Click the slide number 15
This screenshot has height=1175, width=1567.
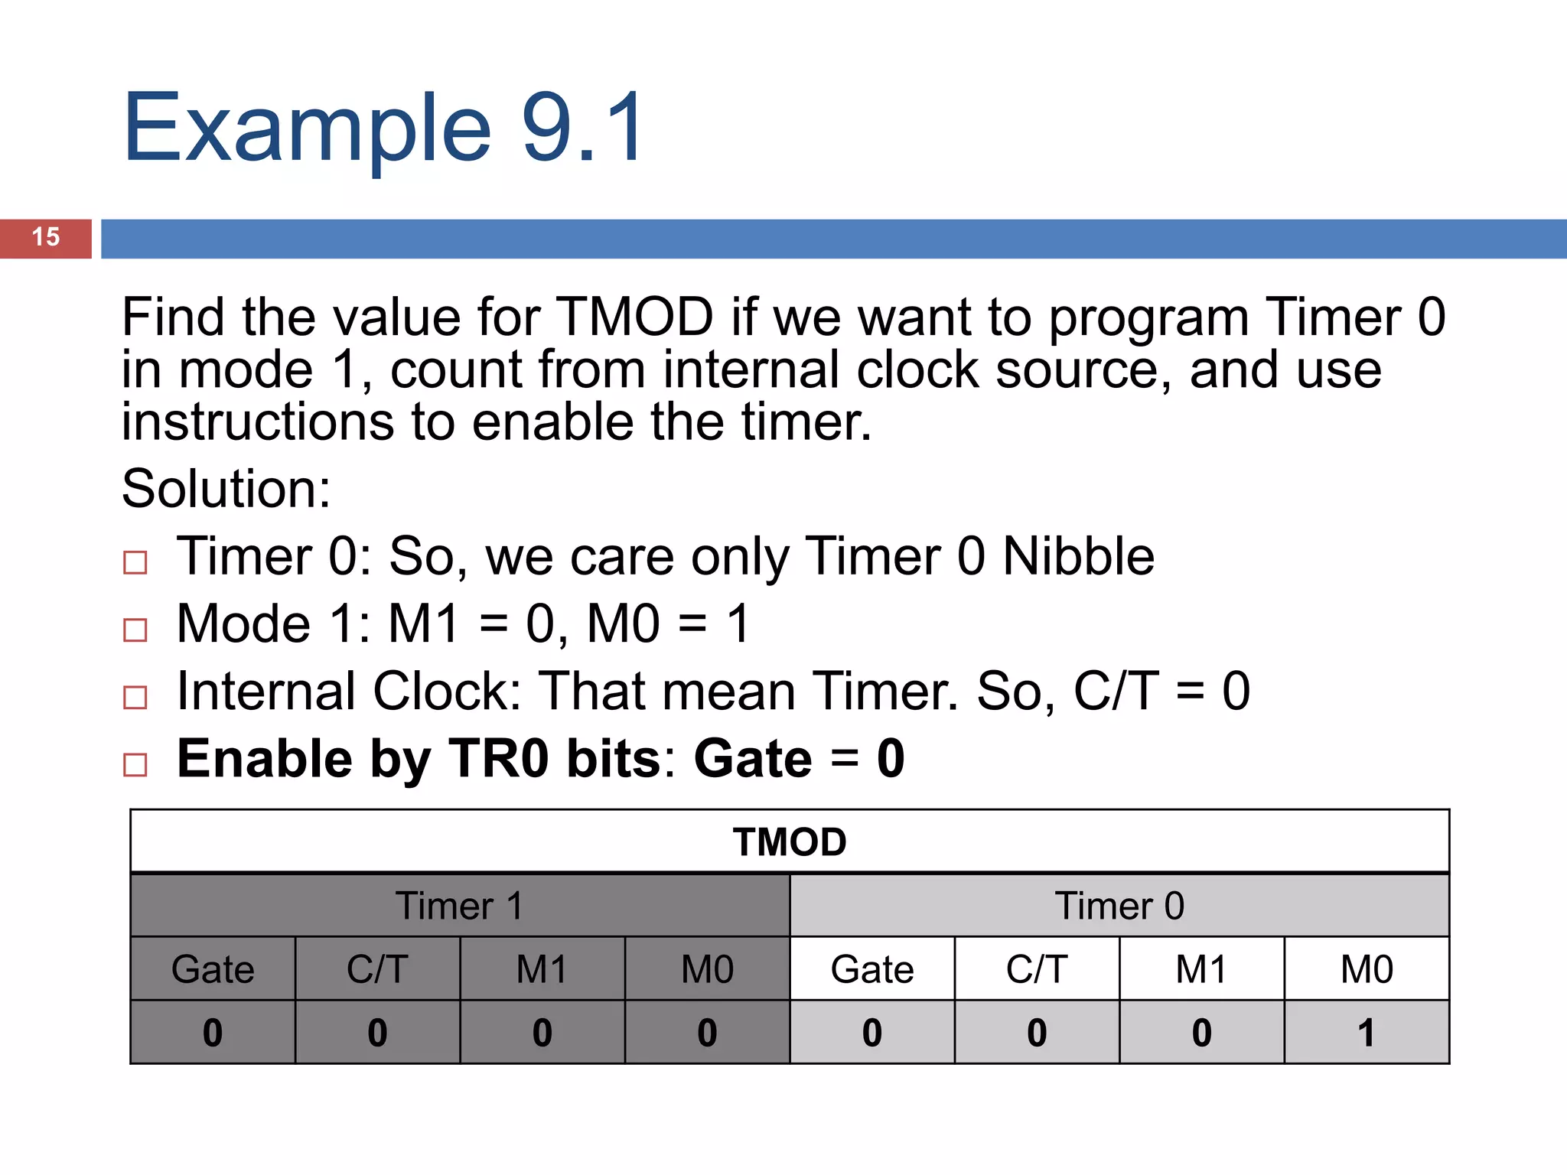pos(46,237)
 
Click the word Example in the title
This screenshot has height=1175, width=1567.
pos(306,129)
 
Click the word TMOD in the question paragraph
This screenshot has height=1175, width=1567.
pos(634,317)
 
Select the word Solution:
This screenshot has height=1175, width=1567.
pos(226,489)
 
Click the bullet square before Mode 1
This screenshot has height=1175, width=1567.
pos(135,630)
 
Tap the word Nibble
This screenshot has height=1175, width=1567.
pos(1078,556)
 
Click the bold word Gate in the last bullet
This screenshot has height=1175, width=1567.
pos(753,759)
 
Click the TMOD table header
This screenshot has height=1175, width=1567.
pos(790,842)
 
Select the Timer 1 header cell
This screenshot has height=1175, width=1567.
pos(459,906)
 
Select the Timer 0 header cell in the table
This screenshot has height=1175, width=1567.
pos(1119,906)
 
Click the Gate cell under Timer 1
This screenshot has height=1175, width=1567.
pos(213,969)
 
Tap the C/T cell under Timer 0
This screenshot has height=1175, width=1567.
pos(1037,969)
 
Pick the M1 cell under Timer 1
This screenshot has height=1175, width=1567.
pos(542,969)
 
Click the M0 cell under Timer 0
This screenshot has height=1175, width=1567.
pos(1367,969)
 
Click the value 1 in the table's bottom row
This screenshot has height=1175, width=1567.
pos(1367,1033)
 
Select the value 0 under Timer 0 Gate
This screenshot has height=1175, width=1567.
pos(872,1033)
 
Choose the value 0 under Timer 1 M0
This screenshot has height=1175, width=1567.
pos(707,1033)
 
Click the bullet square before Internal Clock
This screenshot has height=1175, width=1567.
pos(135,698)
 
